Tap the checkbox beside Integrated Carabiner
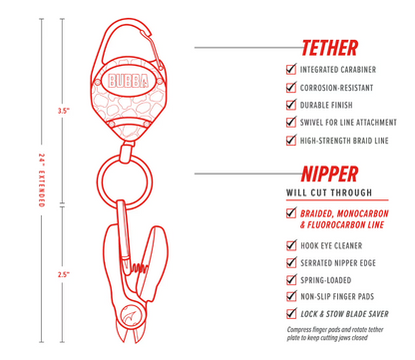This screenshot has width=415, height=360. point(291,70)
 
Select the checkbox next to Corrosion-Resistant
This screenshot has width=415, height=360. point(291,88)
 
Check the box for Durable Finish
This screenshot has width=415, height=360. point(291,106)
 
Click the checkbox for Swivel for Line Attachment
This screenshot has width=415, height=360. point(291,124)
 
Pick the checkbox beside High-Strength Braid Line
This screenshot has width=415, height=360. point(291,142)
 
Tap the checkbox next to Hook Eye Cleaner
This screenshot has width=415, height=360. point(291,243)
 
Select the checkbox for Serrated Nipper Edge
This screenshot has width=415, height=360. point(291,261)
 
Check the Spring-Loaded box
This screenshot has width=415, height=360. point(291,279)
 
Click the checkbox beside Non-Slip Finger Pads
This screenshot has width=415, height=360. point(291,296)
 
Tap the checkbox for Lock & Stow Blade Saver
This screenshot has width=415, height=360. point(291,314)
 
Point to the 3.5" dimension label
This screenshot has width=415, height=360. point(65,111)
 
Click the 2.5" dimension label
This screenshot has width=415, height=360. point(65,273)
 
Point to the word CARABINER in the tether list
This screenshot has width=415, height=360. point(360,70)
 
